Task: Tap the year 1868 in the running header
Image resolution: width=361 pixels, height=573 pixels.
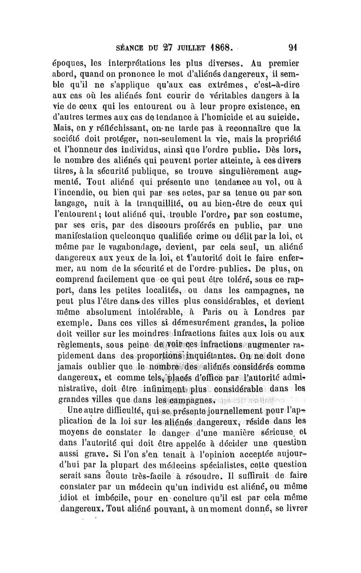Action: (x=217, y=46)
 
